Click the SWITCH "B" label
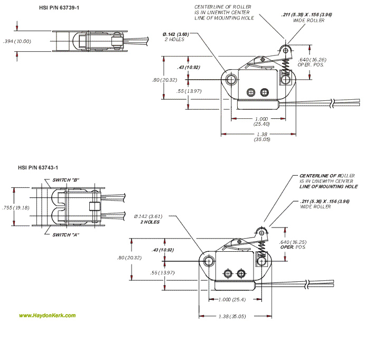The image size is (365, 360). coord(65,180)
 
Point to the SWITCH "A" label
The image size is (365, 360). coord(65,234)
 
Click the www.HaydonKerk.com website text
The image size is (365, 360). coord(48,316)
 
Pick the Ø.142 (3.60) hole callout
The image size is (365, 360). coord(176,36)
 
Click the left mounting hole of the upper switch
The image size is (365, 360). coord(231,80)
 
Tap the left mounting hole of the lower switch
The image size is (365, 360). coord(209,261)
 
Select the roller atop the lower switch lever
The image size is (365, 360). coord(259,231)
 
